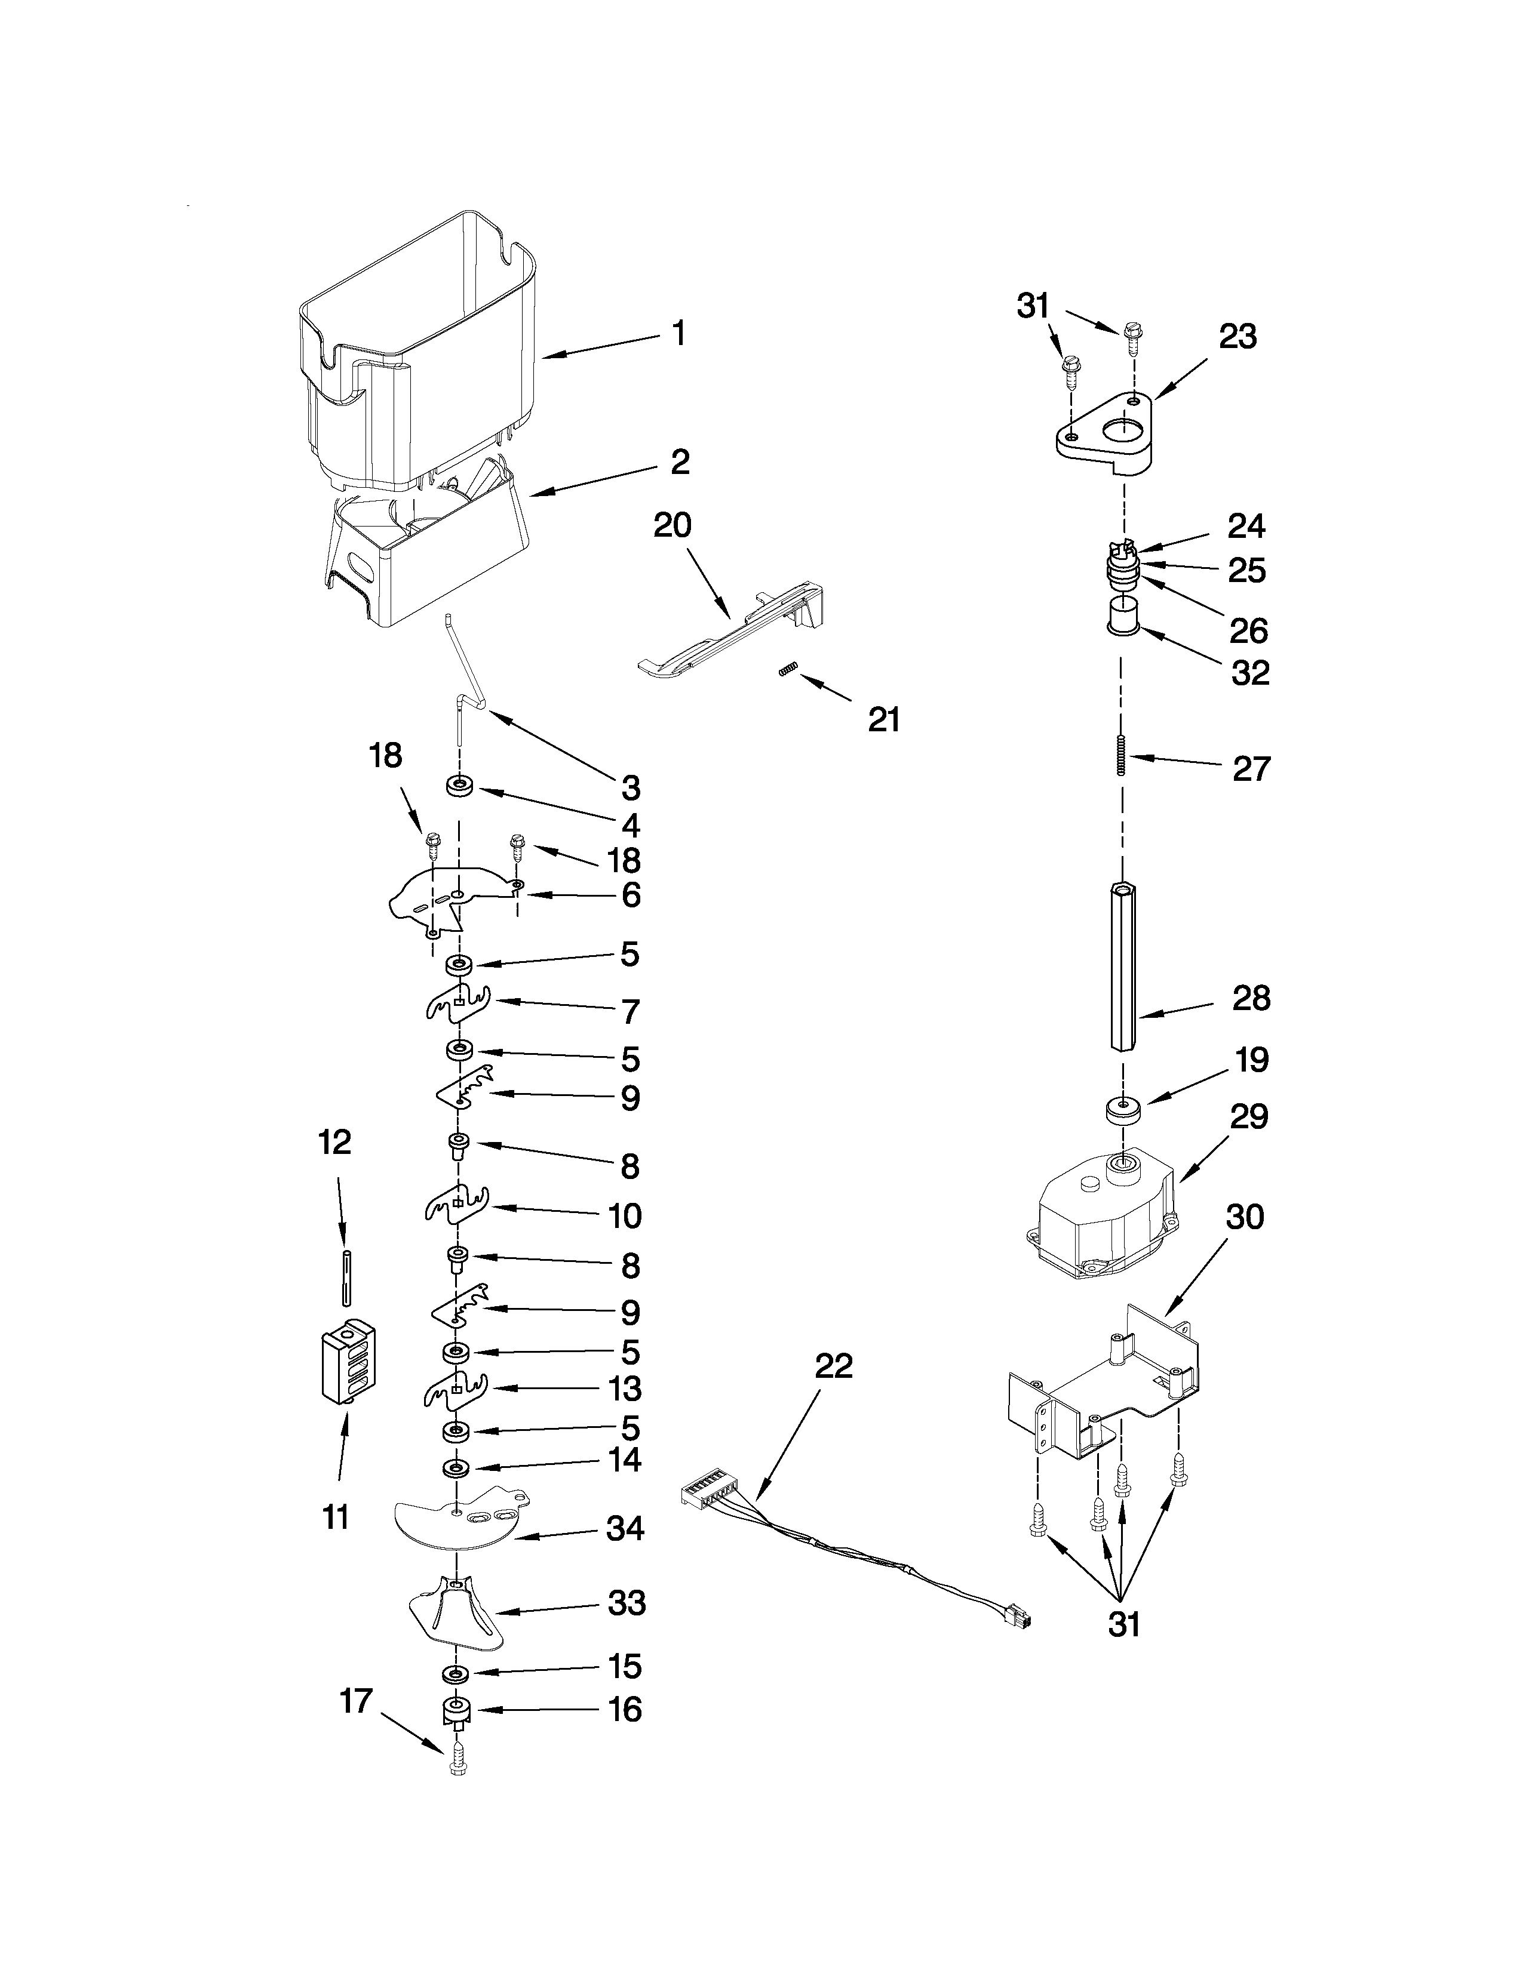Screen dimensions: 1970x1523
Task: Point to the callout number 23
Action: pyautogui.click(x=1237, y=337)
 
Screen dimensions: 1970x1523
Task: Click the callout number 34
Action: pyautogui.click(x=624, y=1529)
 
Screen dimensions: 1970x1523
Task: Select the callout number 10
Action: pyautogui.click(x=624, y=1216)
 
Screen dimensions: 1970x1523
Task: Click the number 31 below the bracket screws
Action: pyautogui.click(x=1123, y=1624)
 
